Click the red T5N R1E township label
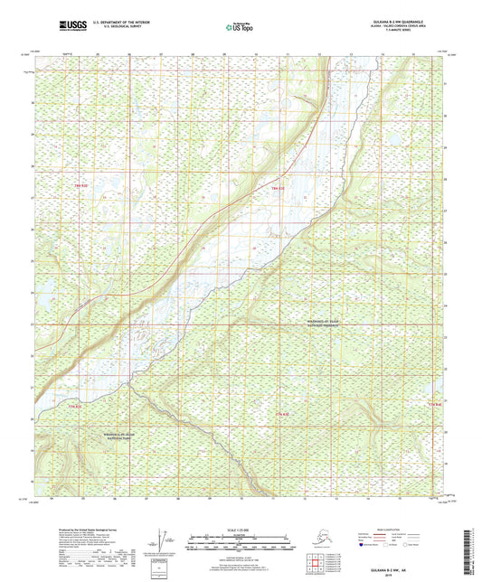(71, 407)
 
